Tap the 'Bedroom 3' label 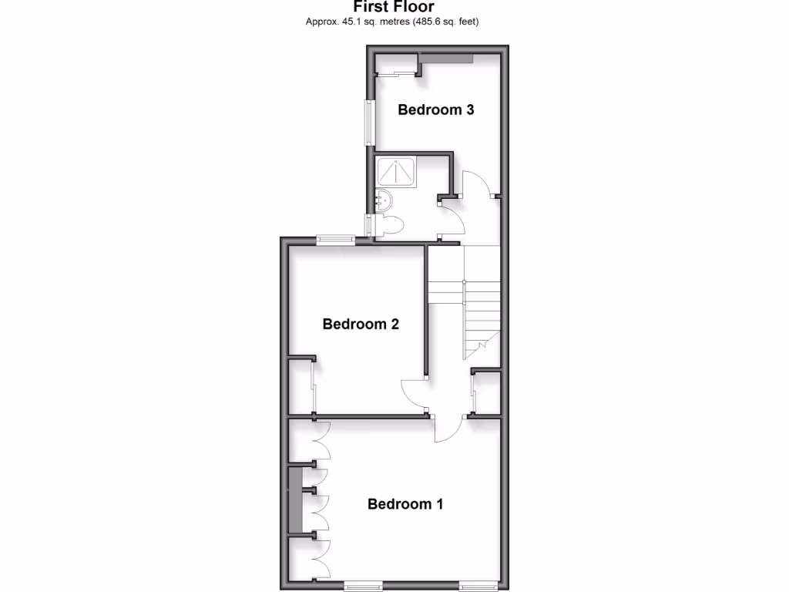tap(435, 109)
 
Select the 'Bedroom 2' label tap(361, 324)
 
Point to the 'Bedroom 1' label tap(405, 504)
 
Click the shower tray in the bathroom tap(397, 171)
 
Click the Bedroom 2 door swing tap(415, 395)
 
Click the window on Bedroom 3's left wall tap(370, 123)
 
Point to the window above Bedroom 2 tap(335, 240)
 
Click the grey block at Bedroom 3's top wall tap(446, 59)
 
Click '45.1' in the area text tap(352, 22)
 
